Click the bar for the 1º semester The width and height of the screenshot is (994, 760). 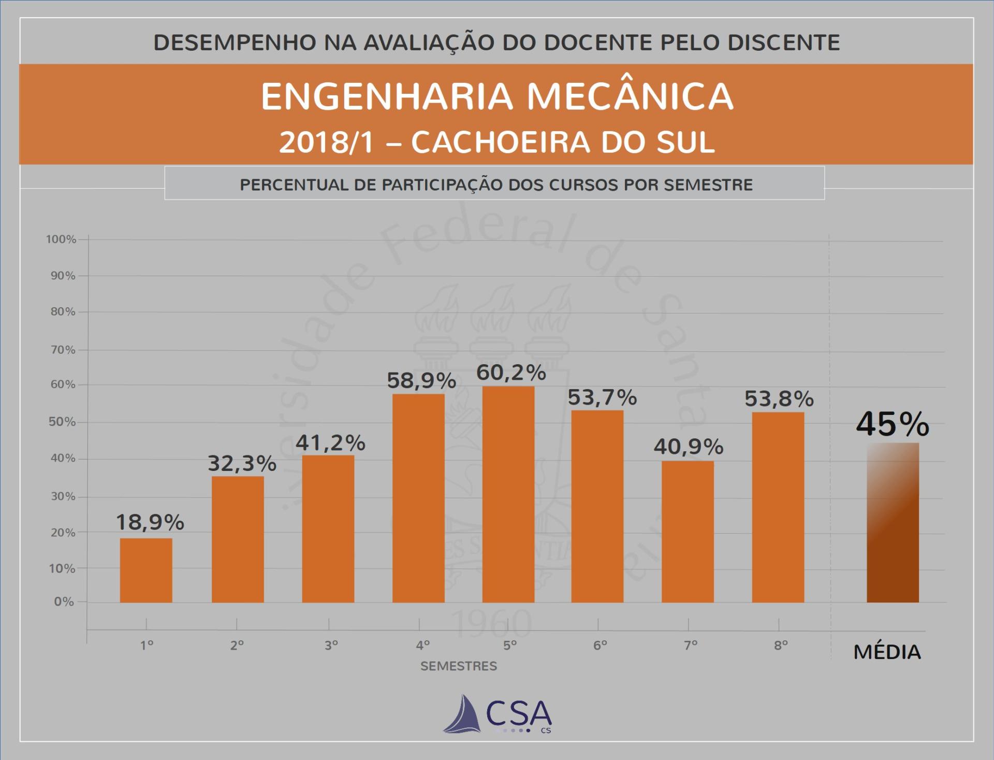(146, 570)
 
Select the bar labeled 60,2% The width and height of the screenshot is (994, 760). (508, 494)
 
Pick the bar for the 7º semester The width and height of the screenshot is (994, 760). (688, 532)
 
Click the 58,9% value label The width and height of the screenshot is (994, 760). (421, 381)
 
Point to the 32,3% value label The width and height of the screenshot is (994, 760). (242, 463)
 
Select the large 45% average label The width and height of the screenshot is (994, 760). (893, 424)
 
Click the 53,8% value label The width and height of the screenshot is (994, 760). (779, 398)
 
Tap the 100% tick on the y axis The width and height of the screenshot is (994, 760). (61, 239)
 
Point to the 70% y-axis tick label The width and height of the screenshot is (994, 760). (63, 350)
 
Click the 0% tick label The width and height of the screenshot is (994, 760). (64, 602)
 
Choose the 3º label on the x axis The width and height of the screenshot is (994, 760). (331, 646)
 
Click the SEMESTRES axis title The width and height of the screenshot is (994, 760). (458, 666)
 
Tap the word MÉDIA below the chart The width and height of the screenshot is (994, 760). (887, 652)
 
